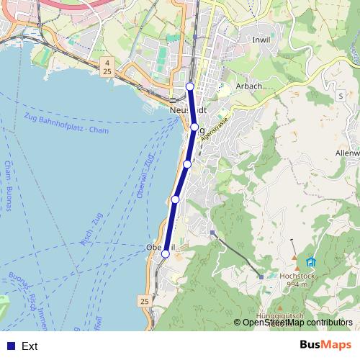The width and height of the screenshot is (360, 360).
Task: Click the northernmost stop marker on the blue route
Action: coord(190,87)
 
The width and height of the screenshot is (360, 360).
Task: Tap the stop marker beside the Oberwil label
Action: coord(166,253)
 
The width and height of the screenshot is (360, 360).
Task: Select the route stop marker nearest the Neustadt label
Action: coord(194,127)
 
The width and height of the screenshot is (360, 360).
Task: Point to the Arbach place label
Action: coord(248,86)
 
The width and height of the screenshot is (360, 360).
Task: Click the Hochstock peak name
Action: coord(298,276)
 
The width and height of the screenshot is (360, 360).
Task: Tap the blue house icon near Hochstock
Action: coord(311,261)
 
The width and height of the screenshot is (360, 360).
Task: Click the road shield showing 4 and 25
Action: coord(107,68)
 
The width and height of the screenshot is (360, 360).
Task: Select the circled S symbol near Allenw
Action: coord(341,95)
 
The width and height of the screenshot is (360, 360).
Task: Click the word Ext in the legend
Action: coord(30,346)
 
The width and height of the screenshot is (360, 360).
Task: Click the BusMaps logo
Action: coord(325,345)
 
